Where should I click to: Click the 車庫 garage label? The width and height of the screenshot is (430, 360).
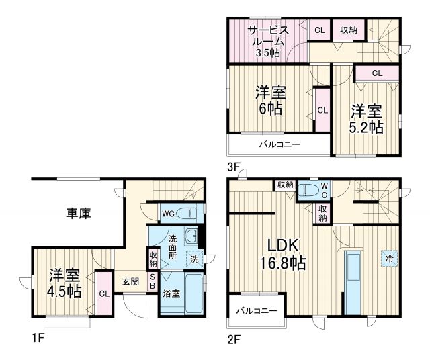(79, 213)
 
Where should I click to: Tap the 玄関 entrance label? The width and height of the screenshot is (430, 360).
(130, 282)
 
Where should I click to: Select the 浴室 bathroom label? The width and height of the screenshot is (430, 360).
(171, 294)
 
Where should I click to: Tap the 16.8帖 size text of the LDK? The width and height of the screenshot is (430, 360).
(283, 263)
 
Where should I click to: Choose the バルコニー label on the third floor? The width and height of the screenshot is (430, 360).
(279, 144)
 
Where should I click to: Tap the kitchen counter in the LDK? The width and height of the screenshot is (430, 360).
(353, 281)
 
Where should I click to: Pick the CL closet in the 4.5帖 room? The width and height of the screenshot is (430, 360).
(104, 293)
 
